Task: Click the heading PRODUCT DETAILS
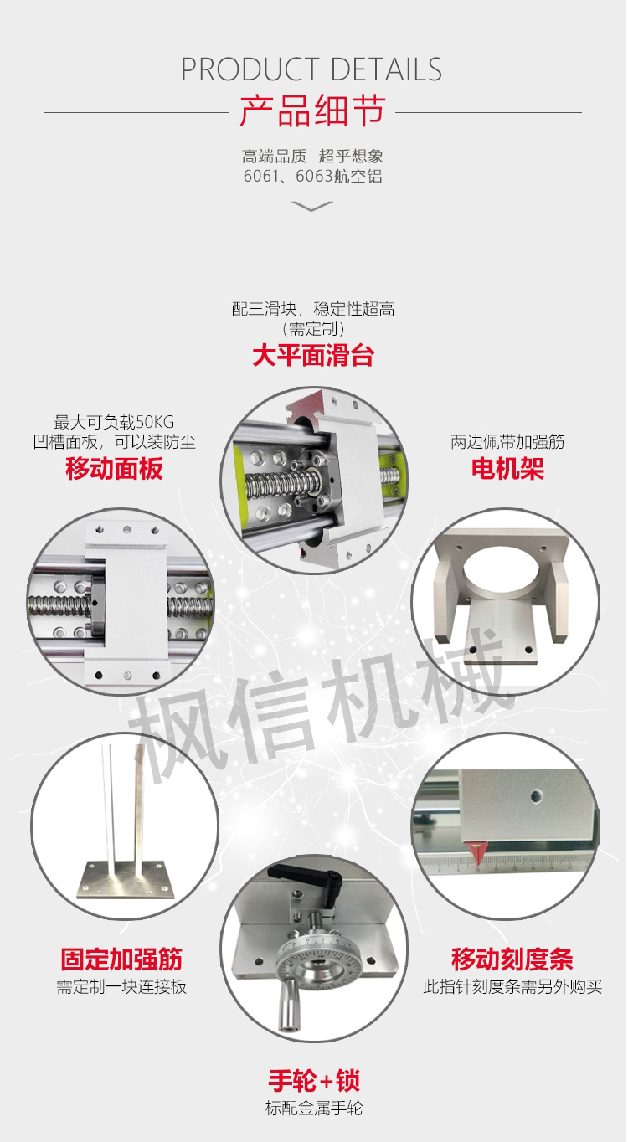coord(311,69)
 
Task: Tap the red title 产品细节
coord(312,111)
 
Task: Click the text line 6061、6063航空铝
coord(312,176)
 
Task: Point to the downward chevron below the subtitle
coord(312,206)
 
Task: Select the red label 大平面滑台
coord(313,355)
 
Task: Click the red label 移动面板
coord(114,468)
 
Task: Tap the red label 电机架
coord(507,468)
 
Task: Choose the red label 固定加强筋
coord(121,959)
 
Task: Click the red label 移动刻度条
coord(512,959)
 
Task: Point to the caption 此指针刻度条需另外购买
coord(512,986)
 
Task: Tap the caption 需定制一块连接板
coord(121,986)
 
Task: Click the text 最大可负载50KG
coord(114,422)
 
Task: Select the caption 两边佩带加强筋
coord(507,441)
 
